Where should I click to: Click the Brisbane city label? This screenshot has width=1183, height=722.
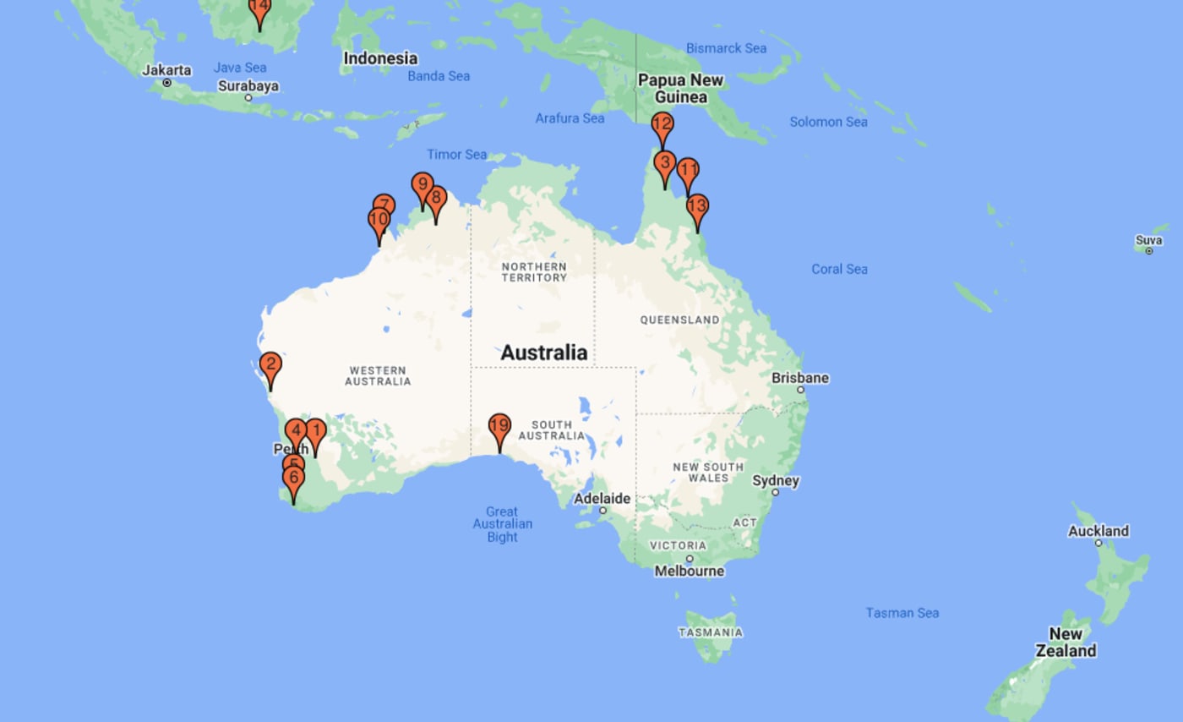(x=799, y=378)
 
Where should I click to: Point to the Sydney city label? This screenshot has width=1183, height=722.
(x=776, y=480)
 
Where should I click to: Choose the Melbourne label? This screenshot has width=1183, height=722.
(x=690, y=571)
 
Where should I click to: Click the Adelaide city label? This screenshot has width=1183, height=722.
(x=602, y=499)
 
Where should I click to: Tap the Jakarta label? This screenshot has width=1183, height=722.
(x=166, y=70)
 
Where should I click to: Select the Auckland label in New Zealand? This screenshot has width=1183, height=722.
(x=1098, y=531)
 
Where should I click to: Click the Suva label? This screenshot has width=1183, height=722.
(x=1148, y=240)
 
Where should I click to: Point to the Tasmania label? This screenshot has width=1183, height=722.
(x=711, y=632)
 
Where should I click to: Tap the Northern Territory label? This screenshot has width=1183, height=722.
(x=533, y=272)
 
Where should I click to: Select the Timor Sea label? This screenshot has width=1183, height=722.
(x=456, y=154)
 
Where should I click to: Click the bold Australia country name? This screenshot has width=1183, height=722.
(x=543, y=353)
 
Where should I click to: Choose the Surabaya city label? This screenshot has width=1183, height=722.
(x=248, y=85)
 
